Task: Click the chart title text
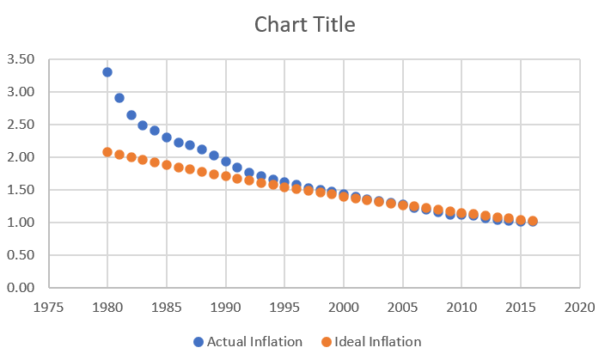click(x=305, y=25)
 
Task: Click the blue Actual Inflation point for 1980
click(x=107, y=72)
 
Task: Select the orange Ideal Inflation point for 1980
click(x=107, y=152)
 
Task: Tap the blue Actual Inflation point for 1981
click(x=119, y=98)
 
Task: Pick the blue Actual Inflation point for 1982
click(x=131, y=115)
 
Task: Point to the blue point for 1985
click(x=167, y=137)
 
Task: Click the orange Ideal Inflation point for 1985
click(x=167, y=165)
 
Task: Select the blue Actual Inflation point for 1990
click(x=226, y=162)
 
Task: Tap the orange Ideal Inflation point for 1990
click(x=226, y=176)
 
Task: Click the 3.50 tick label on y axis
click(x=21, y=60)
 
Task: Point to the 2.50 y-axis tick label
click(x=21, y=125)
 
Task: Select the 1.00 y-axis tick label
click(x=21, y=223)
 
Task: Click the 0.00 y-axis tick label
click(x=21, y=289)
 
